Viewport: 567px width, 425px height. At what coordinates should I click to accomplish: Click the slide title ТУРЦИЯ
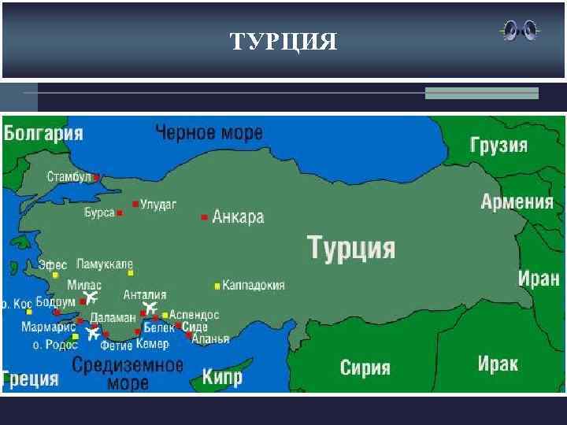[x=283, y=41]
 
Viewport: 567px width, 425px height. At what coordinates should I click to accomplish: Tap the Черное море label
[x=209, y=133]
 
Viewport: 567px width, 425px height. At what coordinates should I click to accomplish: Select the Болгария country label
[x=43, y=132]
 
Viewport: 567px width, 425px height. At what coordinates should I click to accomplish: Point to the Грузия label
[x=498, y=146]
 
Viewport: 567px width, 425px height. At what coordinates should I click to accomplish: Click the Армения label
[x=517, y=201]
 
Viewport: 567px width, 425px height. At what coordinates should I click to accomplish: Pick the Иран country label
[x=539, y=278]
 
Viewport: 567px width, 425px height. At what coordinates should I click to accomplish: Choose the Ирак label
[x=498, y=364]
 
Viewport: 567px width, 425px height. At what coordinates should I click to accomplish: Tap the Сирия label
[x=365, y=368]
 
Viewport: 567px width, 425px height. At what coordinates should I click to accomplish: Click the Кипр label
[x=222, y=376]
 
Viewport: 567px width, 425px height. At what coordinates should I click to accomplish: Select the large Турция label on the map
[x=350, y=247]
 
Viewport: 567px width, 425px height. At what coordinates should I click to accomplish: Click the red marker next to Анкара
[x=205, y=217]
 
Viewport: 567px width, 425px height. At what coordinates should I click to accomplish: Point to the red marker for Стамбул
[x=96, y=177]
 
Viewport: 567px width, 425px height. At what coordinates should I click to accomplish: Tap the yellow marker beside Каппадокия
[x=217, y=285]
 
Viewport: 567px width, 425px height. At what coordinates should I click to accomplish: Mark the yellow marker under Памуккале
[x=131, y=273]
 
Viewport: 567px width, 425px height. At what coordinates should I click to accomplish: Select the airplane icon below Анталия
[x=148, y=308]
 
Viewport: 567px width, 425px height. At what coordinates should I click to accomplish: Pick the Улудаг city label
[x=158, y=204]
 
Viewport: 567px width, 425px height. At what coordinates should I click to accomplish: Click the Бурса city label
[x=99, y=213]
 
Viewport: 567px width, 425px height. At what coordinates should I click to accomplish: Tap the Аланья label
[x=210, y=339]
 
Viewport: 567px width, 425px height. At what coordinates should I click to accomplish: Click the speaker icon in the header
[x=520, y=31]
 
